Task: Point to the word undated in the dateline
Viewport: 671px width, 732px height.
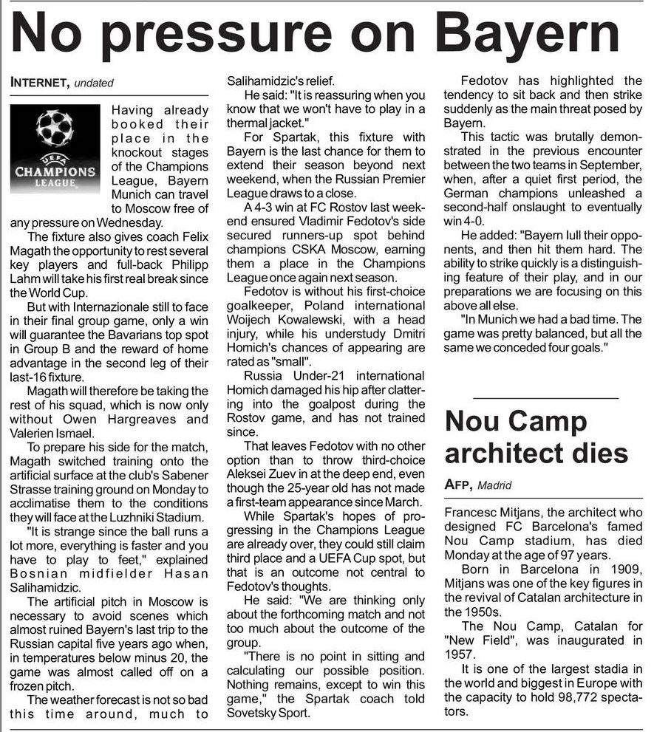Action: coord(94,83)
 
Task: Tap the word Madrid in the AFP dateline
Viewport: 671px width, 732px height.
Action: coord(495,486)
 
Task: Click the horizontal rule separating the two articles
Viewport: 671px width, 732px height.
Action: coord(545,398)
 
